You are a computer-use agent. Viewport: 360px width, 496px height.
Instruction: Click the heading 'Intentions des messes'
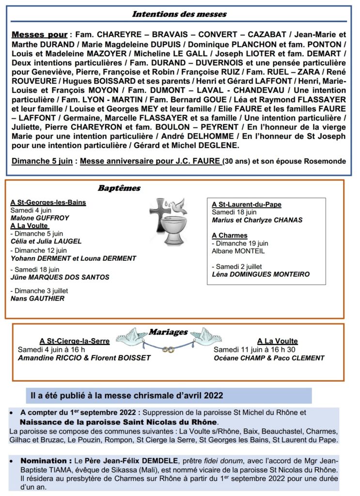179,14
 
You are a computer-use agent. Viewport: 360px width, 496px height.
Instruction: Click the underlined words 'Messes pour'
39,35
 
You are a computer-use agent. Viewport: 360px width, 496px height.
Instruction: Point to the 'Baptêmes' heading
119,188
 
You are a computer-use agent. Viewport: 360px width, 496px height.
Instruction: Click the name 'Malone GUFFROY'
40,218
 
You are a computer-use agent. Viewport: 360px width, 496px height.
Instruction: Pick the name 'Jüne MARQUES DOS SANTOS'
60,277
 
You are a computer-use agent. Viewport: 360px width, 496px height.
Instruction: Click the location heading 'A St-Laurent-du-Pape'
247,204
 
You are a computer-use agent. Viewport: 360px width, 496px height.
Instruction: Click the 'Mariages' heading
168,332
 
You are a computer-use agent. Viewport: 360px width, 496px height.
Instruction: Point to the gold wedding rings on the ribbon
167,349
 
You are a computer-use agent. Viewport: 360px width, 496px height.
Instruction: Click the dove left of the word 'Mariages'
132,335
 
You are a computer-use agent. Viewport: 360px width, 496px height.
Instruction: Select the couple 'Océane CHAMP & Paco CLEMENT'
269,358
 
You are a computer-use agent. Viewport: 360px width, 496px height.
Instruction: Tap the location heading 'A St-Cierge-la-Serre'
75,341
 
